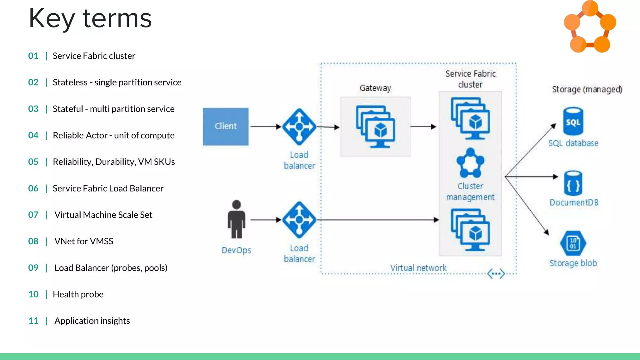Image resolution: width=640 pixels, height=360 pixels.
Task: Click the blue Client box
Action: (x=226, y=127)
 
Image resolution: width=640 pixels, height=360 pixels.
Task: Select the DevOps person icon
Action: (x=237, y=220)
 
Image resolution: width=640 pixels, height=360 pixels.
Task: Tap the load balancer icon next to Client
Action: (x=299, y=127)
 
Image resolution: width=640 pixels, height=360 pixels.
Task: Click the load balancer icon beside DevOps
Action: (x=299, y=220)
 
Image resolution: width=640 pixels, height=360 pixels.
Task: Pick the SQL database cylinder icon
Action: (x=573, y=121)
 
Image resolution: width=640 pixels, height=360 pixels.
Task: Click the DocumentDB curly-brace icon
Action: (x=573, y=183)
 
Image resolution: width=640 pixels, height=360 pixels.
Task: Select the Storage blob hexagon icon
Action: (x=573, y=243)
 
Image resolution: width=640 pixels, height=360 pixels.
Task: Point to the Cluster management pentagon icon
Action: (x=470, y=163)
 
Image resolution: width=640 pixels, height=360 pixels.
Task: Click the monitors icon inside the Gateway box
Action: (x=375, y=127)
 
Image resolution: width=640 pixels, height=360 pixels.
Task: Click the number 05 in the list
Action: (x=33, y=162)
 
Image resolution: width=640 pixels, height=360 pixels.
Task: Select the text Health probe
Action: (x=78, y=294)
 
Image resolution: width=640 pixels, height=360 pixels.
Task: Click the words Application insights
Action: (x=92, y=321)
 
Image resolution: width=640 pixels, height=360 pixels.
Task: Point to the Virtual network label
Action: (x=418, y=268)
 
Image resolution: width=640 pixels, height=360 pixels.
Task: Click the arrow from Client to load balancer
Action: (x=266, y=127)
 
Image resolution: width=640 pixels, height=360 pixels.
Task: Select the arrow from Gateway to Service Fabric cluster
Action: (x=423, y=127)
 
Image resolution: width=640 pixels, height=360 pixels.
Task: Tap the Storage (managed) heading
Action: (x=587, y=89)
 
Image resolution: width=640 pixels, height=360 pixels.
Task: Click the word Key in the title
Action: (x=52, y=19)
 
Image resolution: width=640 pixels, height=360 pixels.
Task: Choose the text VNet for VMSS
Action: (x=84, y=241)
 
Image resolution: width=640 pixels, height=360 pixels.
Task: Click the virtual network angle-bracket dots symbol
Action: (x=496, y=274)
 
